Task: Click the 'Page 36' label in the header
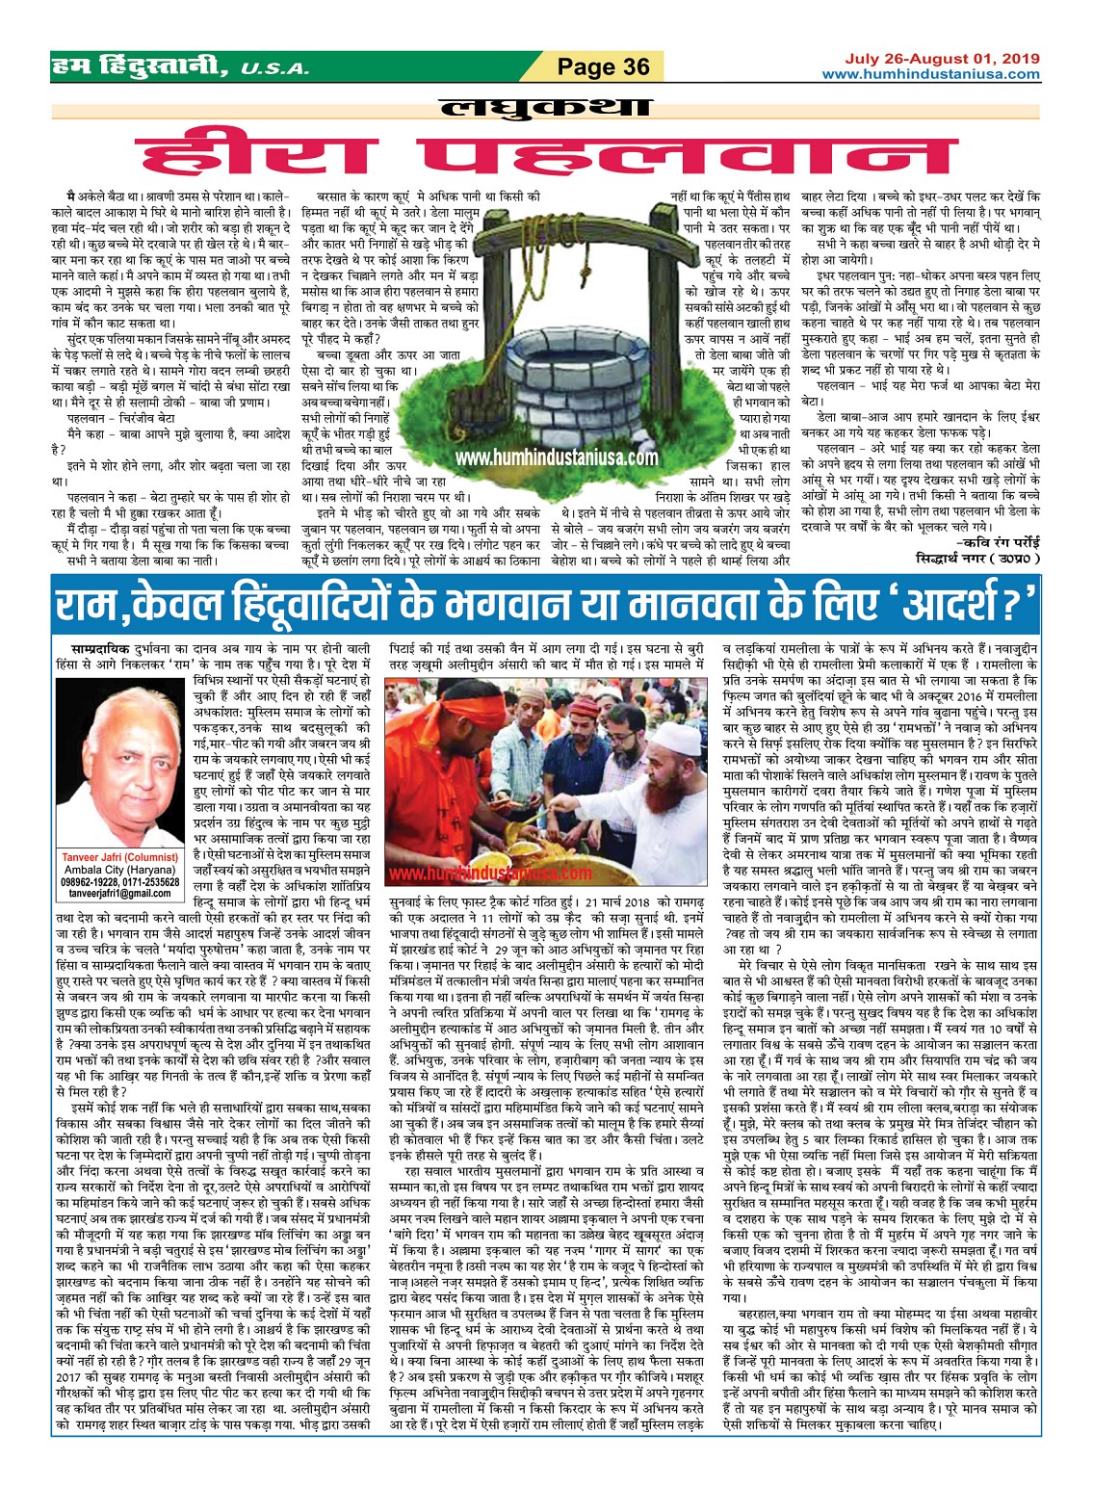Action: click(604, 66)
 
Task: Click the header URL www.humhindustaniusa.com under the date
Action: click(930, 74)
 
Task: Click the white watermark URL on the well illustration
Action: click(556, 459)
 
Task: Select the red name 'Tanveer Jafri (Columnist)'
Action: click(119, 856)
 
